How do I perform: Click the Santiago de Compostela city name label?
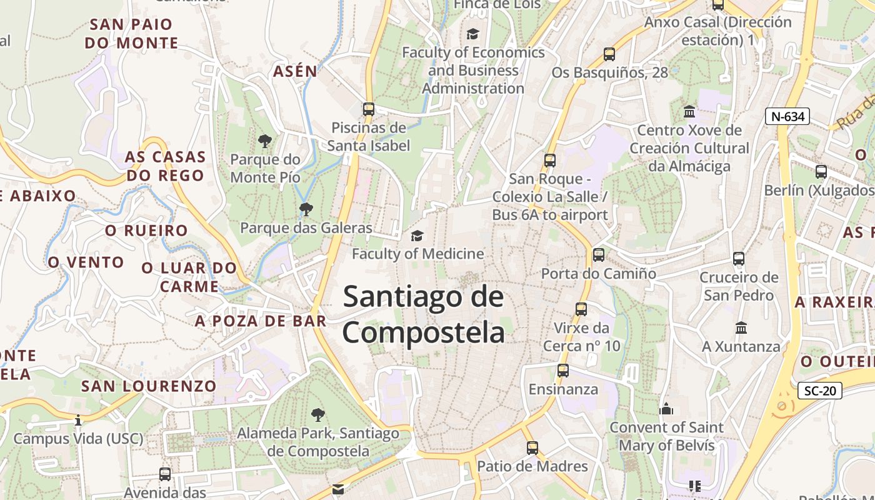point(423,314)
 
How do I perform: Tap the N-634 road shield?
point(787,116)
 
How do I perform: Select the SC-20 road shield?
point(820,391)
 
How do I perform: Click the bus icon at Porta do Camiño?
point(598,254)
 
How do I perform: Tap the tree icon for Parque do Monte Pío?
point(265,141)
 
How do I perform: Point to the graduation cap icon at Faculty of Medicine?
point(417,236)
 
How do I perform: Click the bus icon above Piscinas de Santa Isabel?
point(369,109)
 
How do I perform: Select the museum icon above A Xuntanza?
point(741,327)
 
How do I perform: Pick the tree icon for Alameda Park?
point(317,414)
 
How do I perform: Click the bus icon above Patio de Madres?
point(532,447)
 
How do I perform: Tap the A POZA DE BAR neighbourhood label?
point(261,321)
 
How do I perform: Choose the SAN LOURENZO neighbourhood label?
point(149,386)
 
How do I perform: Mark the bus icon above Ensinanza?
point(563,371)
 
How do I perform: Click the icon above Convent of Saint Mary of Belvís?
point(666,409)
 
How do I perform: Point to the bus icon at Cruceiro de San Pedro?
point(739,258)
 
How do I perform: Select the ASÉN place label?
point(295,72)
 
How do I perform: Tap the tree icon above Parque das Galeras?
point(306,209)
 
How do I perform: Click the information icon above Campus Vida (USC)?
point(78,420)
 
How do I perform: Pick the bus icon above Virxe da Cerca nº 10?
point(581,309)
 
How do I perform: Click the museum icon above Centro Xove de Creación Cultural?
point(689,112)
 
